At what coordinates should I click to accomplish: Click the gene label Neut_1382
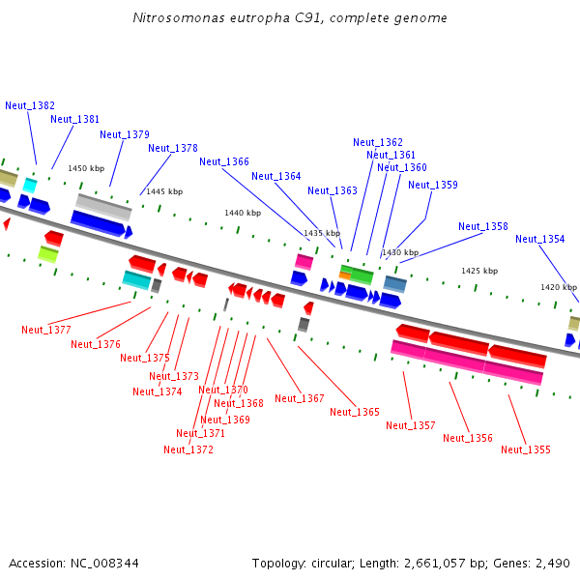(30, 105)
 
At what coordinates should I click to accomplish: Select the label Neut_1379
(125, 134)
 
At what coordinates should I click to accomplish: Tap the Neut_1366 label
(224, 161)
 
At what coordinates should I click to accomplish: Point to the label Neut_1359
(433, 185)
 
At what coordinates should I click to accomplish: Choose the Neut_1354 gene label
(540, 239)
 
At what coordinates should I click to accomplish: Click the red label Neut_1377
(46, 330)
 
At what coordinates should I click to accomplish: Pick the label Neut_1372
(188, 449)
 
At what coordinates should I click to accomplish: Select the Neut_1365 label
(355, 412)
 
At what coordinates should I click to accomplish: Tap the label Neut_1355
(526, 449)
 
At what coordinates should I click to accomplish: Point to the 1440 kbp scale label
(243, 213)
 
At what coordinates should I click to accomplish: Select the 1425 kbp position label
(479, 271)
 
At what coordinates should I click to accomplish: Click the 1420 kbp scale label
(559, 287)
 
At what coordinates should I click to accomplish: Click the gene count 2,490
(551, 563)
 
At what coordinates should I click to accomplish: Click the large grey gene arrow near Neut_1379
(103, 205)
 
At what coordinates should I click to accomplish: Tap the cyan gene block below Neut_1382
(30, 185)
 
